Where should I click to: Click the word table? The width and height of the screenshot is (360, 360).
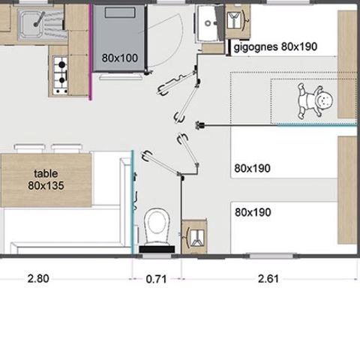coord(46,172)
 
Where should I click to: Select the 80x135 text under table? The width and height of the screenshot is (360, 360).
coord(46,184)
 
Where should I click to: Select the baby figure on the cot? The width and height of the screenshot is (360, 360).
coord(315,101)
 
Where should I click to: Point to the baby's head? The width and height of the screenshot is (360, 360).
coord(325,99)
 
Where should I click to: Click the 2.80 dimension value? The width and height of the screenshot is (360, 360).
coord(38,279)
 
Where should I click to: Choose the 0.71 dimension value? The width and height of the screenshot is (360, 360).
coord(156,279)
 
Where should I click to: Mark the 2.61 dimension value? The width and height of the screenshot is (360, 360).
coord(268,279)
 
